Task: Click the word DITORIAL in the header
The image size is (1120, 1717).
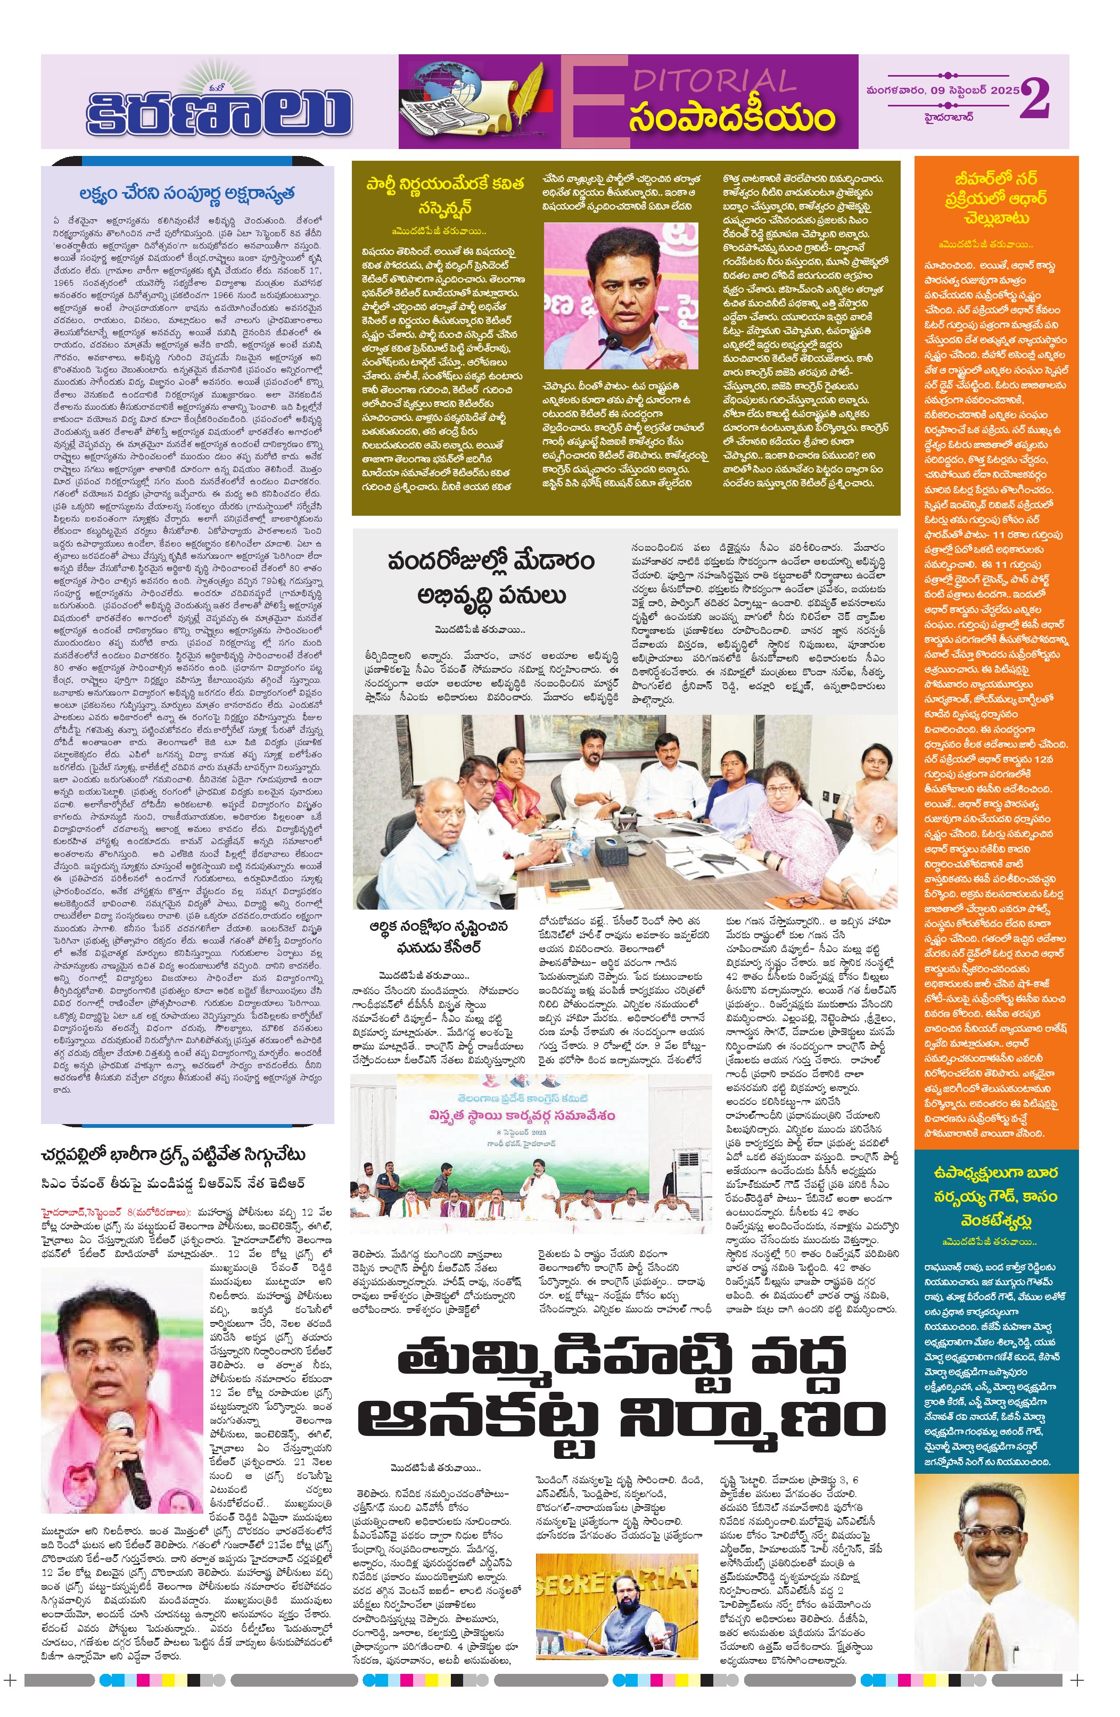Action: [x=714, y=81]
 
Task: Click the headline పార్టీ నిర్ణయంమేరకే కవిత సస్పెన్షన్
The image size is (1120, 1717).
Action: [x=444, y=195]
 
